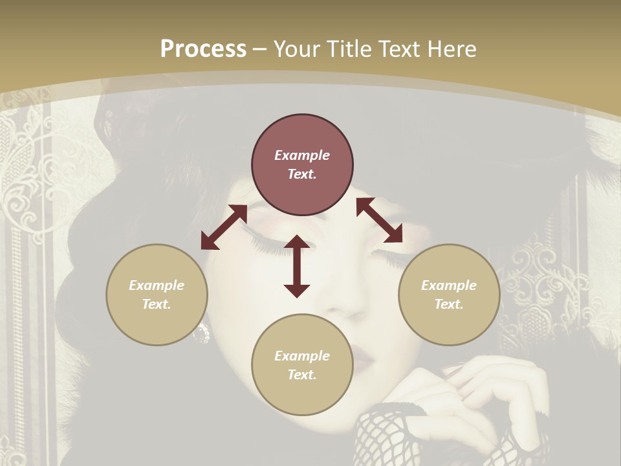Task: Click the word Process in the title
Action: pyautogui.click(x=203, y=49)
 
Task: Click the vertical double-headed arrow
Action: pyautogui.click(x=297, y=266)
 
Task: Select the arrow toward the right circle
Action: pyautogui.click(x=379, y=220)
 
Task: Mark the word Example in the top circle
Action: pyautogui.click(x=302, y=155)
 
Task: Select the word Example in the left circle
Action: pyautogui.click(x=157, y=285)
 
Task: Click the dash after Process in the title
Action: pyautogui.click(x=260, y=49)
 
